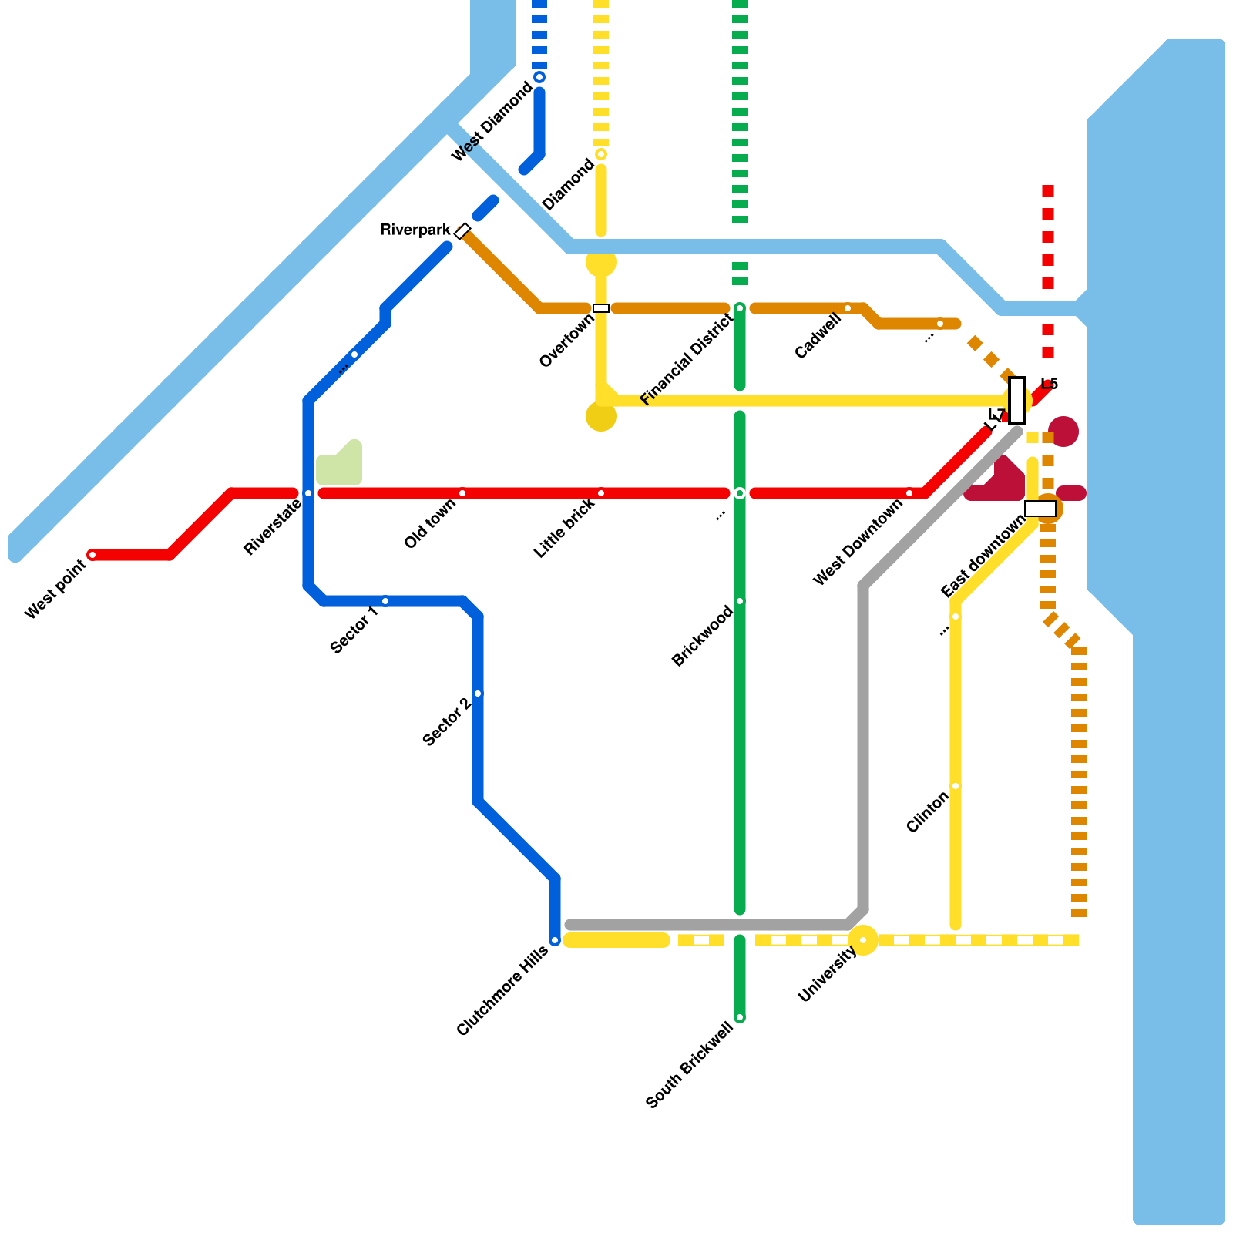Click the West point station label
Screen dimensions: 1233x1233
tap(55, 590)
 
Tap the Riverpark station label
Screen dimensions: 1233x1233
tap(415, 230)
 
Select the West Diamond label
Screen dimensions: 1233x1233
tap(492, 122)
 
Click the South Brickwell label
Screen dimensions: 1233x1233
tap(690, 1065)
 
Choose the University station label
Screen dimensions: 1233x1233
tap(828, 974)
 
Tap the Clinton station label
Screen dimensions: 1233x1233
tap(927, 812)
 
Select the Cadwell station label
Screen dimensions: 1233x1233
tap(818, 337)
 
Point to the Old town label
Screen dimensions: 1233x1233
tap(430, 523)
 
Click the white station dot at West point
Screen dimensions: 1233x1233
tap(92, 555)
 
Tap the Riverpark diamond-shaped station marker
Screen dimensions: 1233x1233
tap(462, 230)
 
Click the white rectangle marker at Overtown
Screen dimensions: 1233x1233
tap(601, 308)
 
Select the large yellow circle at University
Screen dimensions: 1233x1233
tap(863, 940)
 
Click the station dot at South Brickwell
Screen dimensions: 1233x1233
tap(740, 1018)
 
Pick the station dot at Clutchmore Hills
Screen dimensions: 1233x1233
tap(555, 940)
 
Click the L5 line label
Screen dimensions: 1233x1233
tap(1049, 384)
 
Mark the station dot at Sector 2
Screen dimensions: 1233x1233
tap(478, 694)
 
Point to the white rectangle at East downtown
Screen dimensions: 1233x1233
tap(1040, 509)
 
